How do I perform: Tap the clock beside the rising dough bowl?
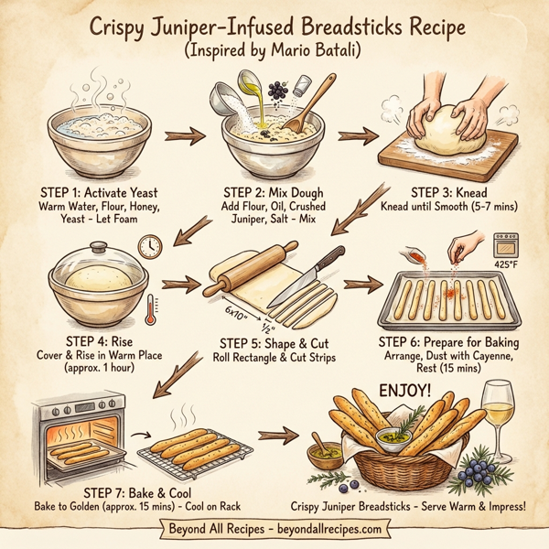pos(150,246)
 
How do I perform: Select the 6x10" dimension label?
pos(236,313)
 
